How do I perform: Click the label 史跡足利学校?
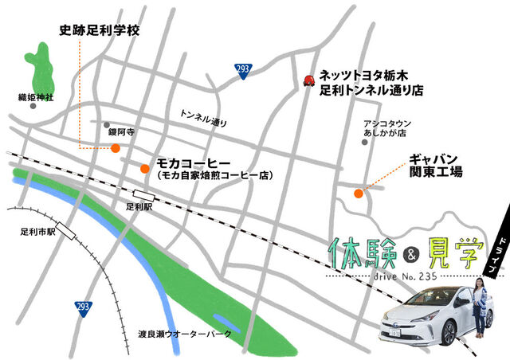(100, 32)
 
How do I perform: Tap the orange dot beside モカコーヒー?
(144, 168)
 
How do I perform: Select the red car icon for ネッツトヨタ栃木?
(309, 80)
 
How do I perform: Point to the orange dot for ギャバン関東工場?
(358, 192)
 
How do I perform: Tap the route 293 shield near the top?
(244, 70)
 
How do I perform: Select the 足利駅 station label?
(139, 206)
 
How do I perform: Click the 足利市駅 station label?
(37, 233)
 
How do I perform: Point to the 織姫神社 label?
(35, 96)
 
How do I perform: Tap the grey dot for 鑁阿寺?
(106, 125)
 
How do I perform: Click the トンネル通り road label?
(204, 118)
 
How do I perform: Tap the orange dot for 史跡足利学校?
(116, 147)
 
